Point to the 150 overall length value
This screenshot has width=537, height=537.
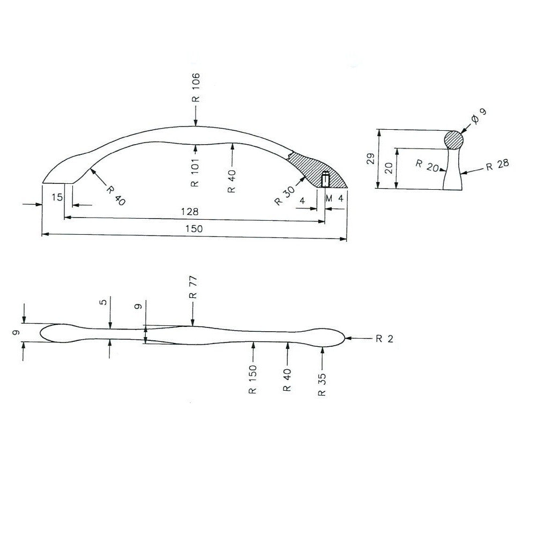click(194, 229)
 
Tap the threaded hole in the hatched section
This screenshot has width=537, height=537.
click(325, 180)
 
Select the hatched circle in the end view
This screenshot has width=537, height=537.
click(454, 139)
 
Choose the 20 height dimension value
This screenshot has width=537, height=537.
click(390, 169)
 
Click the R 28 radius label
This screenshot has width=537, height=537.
click(497, 165)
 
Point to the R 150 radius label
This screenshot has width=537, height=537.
click(252, 379)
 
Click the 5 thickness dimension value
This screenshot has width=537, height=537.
click(103, 302)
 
